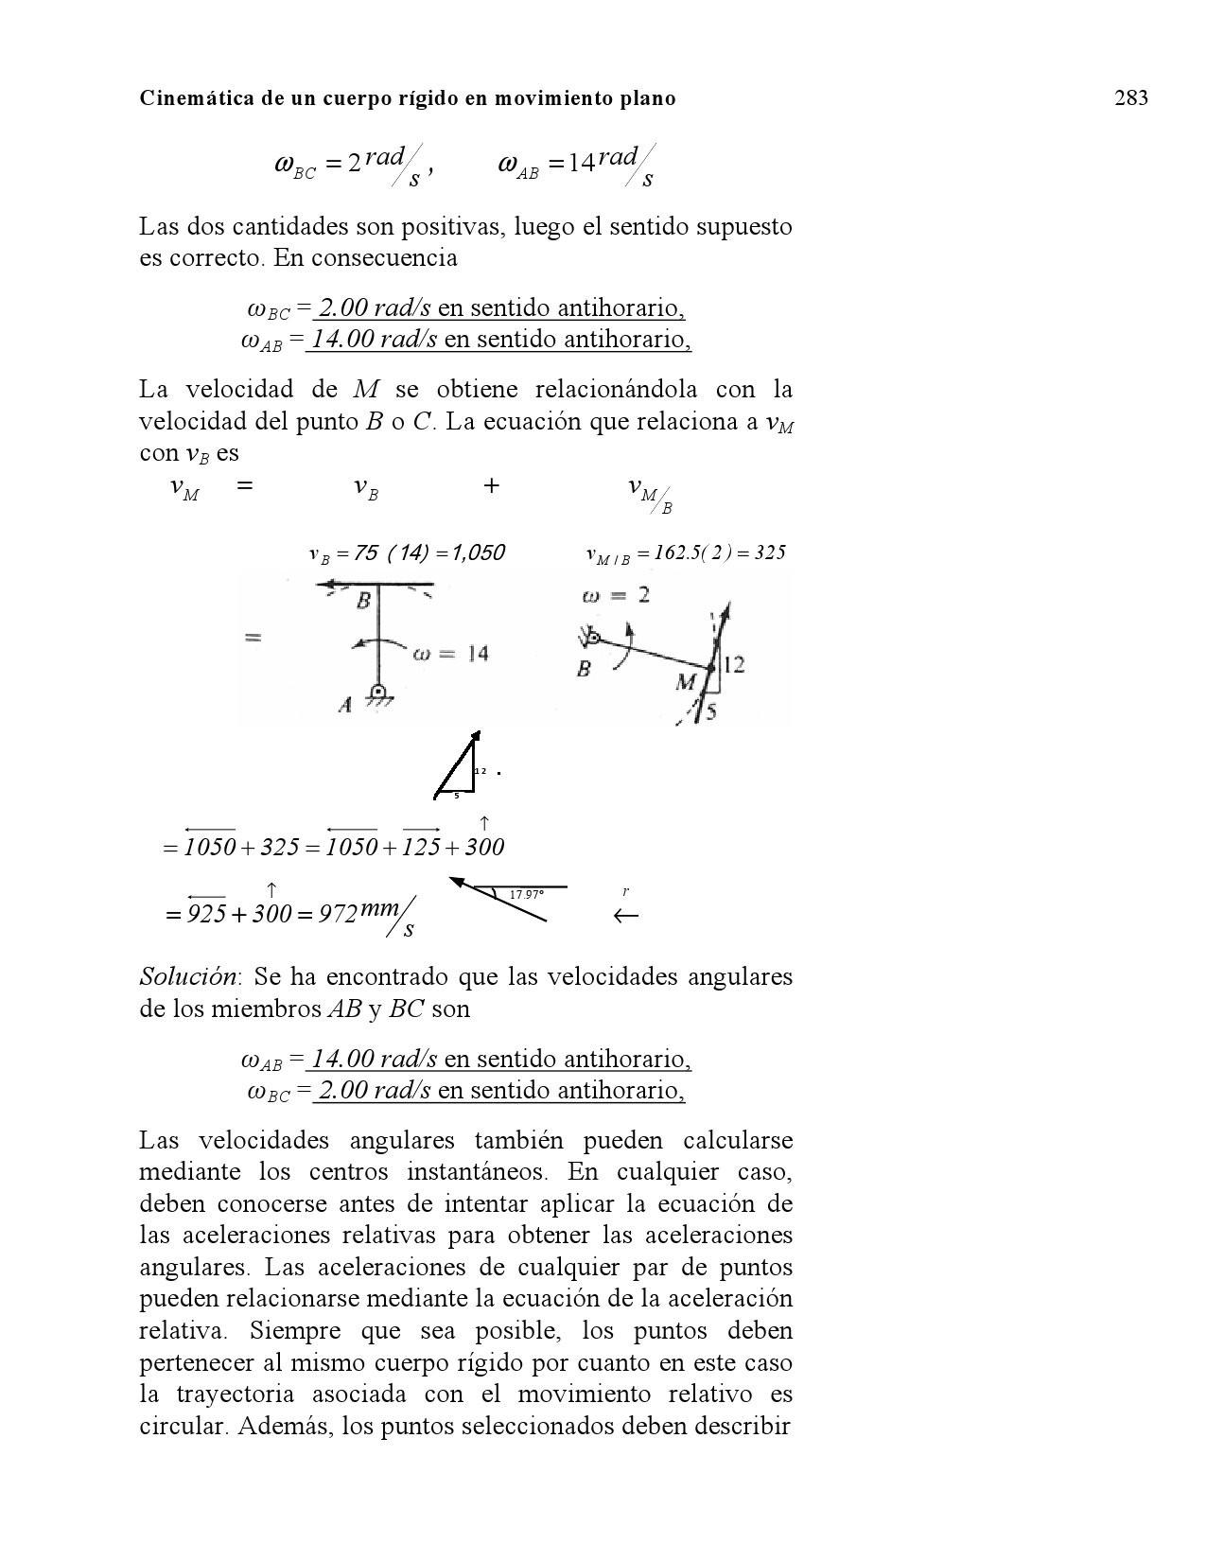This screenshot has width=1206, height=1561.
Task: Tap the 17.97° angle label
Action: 527,895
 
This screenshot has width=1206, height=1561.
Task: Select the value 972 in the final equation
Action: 336,914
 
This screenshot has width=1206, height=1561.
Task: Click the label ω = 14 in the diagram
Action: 450,654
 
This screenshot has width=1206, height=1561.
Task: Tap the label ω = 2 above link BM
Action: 616,595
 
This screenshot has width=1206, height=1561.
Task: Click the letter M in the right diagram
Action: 686,681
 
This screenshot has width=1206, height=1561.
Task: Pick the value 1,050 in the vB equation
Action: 472,553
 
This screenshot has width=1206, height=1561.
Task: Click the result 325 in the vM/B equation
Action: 767,553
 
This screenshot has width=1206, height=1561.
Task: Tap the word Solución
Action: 185,976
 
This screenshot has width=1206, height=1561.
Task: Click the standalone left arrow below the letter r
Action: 625,916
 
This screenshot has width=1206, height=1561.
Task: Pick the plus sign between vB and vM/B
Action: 491,486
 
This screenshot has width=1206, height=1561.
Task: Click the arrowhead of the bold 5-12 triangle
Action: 476,736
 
